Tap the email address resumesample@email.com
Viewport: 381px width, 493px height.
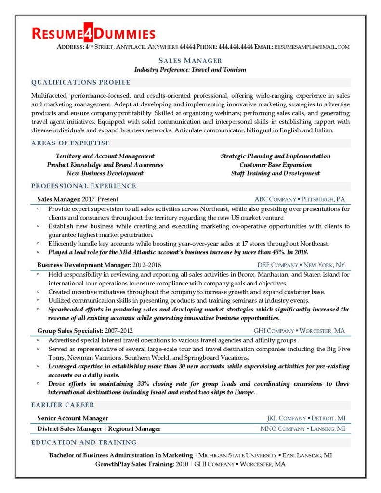coord(312,47)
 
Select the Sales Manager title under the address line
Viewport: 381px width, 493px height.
coord(190,61)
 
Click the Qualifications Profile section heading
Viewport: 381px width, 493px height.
coord(80,82)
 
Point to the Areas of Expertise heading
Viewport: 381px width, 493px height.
coord(70,143)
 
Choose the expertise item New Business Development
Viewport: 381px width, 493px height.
coord(105,173)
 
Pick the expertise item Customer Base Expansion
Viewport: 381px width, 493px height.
coord(276,165)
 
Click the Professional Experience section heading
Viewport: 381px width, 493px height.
coord(83,186)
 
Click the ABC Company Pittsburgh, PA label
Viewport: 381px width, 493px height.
coord(300,199)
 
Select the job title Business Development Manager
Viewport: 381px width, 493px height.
coord(84,265)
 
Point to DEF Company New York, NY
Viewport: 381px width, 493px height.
coord(301,265)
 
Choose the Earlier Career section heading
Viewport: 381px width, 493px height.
coord(63,405)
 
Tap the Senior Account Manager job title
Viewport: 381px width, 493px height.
coord(72,418)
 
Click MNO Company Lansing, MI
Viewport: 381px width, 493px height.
coord(302,428)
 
